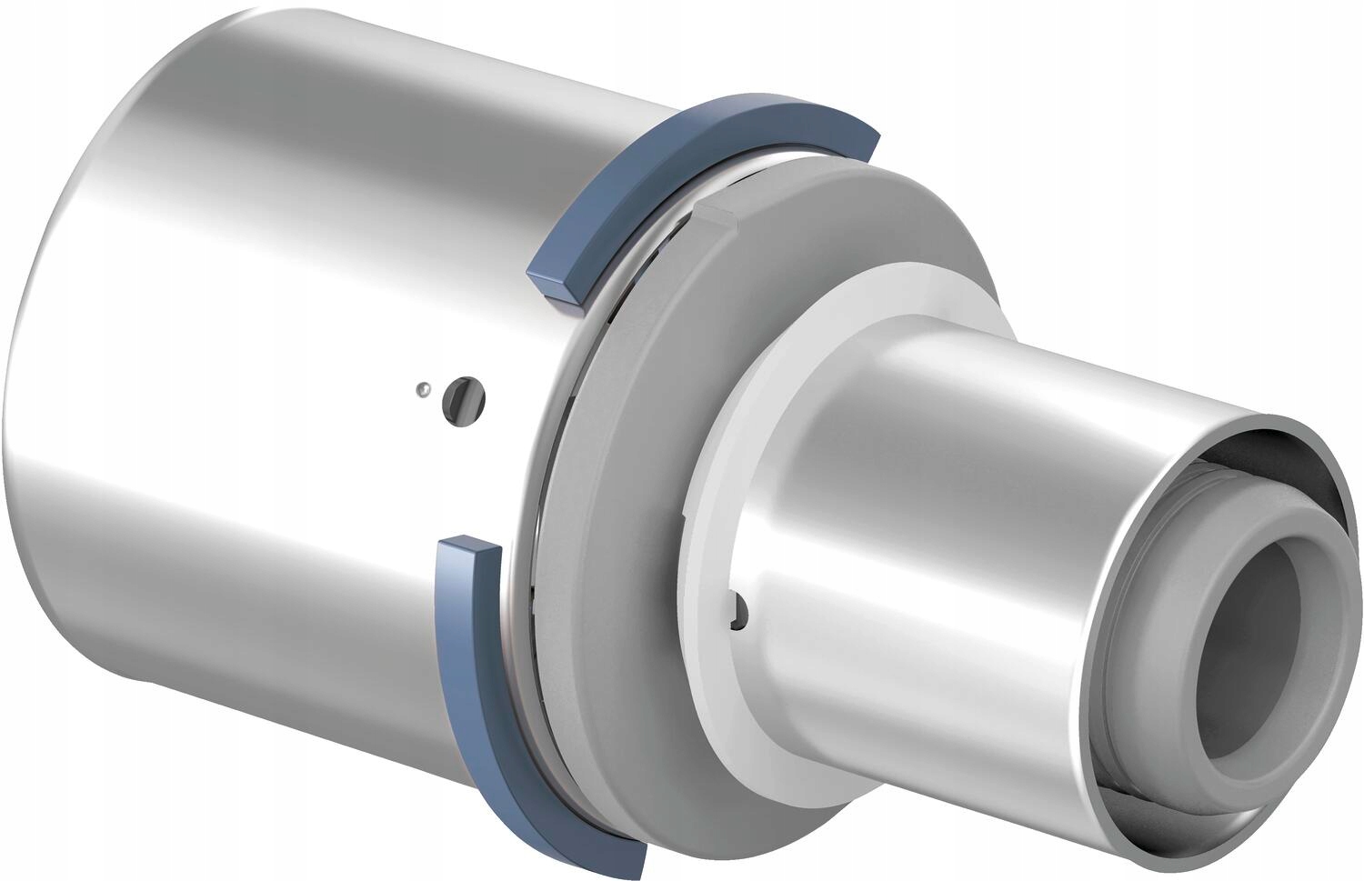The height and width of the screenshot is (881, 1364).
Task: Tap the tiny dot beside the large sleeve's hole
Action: click(421, 389)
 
